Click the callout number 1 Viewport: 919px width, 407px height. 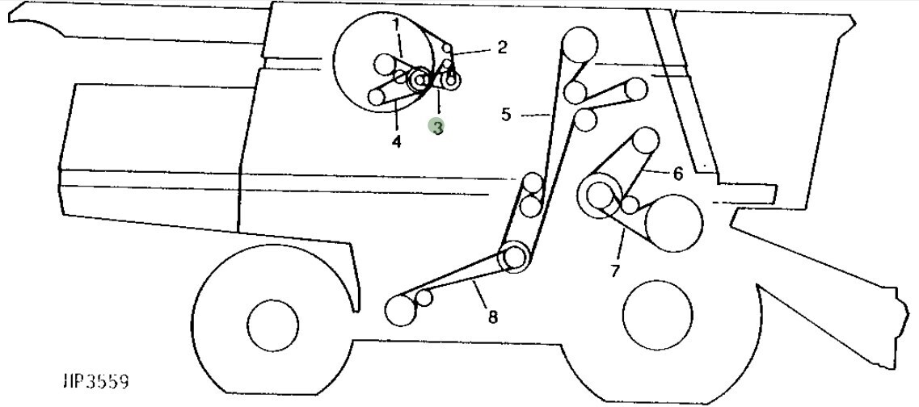(x=397, y=25)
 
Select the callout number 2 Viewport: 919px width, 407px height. (x=502, y=48)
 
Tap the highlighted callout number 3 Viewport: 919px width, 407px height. (x=437, y=127)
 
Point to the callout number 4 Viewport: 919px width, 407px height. (x=397, y=142)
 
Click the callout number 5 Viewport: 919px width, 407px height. (x=506, y=115)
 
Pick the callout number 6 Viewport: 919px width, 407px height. (x=677, y=173)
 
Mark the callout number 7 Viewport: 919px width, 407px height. (x=615, y=271)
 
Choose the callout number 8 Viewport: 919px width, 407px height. (x=492, y=317)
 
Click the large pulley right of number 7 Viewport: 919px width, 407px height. (x=673, y=223)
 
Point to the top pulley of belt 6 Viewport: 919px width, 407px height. (x=646, y=141)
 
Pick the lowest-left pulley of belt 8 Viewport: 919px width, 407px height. (x=400, y=310)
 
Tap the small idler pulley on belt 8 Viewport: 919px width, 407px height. (x=424, y=298)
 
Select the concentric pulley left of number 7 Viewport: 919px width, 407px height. (x=601, y=196)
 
